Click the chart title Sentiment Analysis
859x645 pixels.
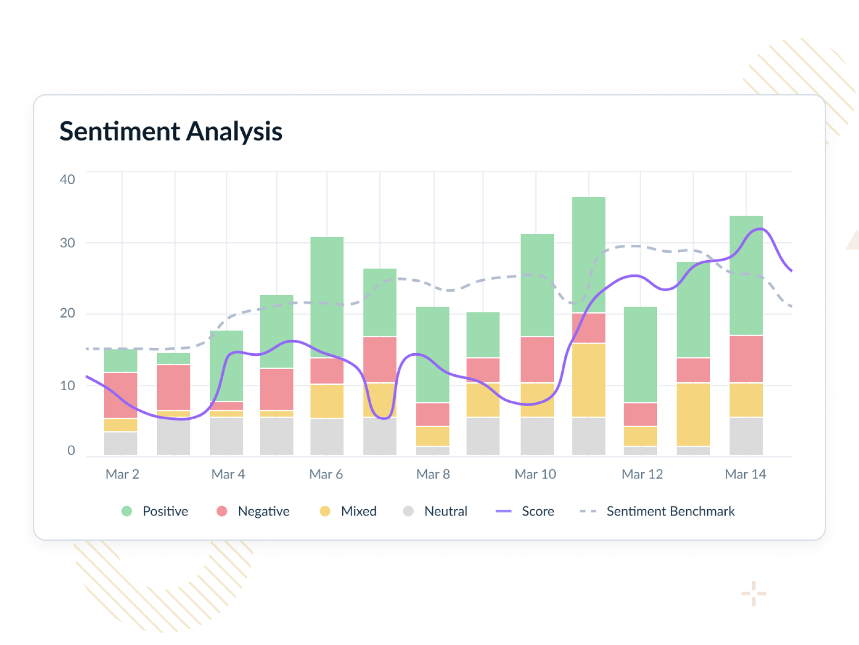click(171, 131)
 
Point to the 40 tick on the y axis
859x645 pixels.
click(67, 179)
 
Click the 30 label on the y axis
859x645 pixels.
click(67, 243)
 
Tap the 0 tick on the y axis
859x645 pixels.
click(71, 450)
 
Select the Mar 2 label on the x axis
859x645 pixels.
click(122, 474)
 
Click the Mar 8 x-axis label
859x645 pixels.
click(433, 474)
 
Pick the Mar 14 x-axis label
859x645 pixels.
click(745, 474)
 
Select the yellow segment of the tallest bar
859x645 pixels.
click(589, 380)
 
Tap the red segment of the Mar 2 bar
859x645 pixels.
click(121, 395)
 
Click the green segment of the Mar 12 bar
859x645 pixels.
click(641, 354)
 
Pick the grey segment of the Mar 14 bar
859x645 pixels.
click(746, 436)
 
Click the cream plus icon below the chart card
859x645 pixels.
click(754, 594)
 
